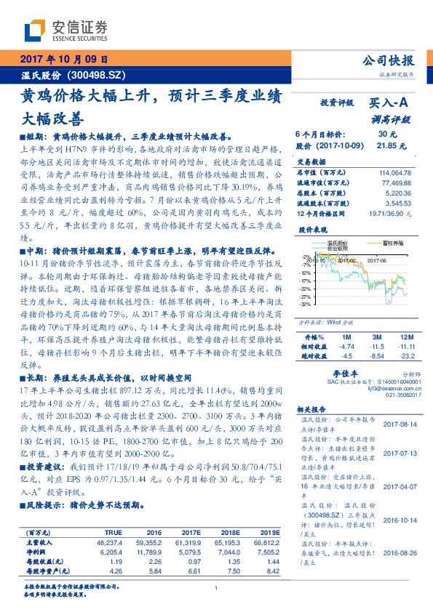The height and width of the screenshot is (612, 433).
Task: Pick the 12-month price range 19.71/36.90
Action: coord(391,214)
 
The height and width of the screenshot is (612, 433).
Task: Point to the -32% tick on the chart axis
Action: coord(305,305)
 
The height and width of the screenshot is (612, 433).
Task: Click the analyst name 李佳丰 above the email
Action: coord(342,371)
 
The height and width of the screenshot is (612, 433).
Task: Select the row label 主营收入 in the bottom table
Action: coord(37,541)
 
